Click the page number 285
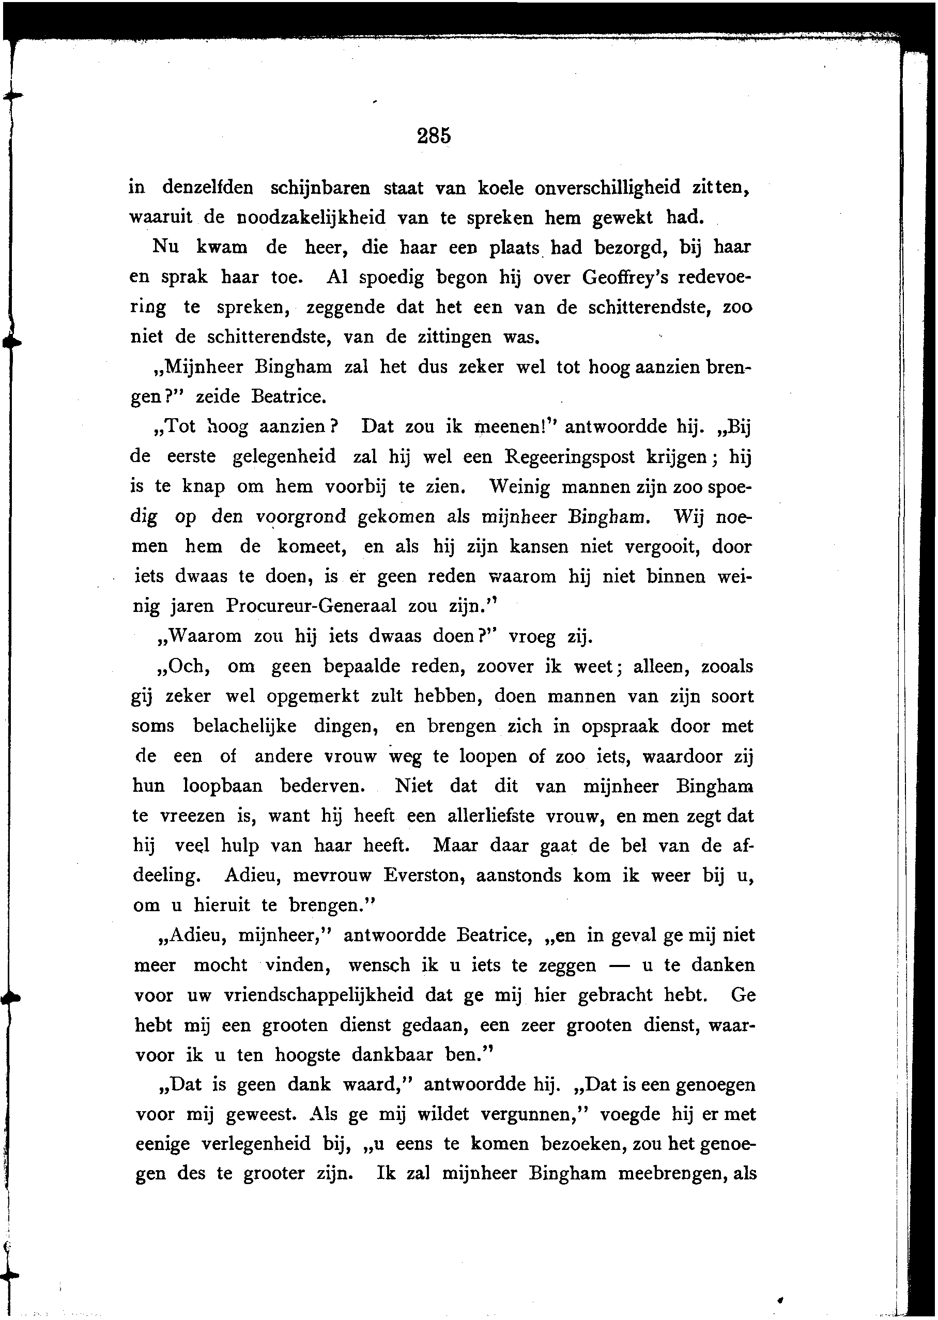[433, 136]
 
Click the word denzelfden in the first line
[207, 188]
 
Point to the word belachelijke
[245, 726]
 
